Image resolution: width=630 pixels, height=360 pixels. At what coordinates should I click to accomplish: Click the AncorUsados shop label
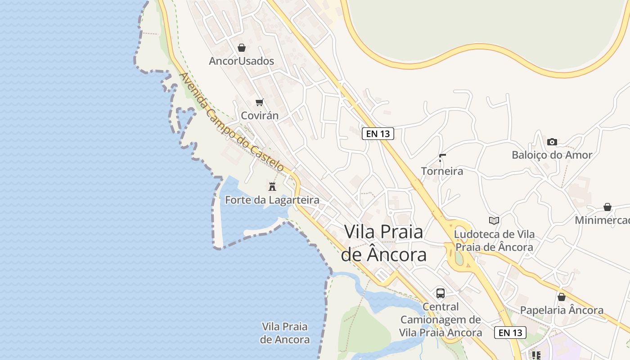click(x=241, y=61)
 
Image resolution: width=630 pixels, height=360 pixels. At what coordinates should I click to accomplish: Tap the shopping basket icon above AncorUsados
click(x=242, y=48)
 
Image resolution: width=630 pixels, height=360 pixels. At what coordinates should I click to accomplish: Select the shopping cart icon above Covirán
click(x=259, y=103)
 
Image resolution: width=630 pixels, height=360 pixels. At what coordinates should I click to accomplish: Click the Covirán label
click(x=260, y=116)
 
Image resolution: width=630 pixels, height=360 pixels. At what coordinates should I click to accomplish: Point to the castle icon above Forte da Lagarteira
click(x=272, y=186)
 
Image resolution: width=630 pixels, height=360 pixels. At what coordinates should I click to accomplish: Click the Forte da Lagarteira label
click(x=272, y=200)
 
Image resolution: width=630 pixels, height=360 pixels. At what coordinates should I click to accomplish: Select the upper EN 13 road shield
click(x=378, y=133)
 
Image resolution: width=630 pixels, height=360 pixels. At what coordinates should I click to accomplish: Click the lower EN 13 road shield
click(x=510, y=333)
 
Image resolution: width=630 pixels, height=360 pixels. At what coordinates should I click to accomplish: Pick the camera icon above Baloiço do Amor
click(x=552, y=142)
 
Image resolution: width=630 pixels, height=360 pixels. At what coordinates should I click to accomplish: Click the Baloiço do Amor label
click(x=552, y=155)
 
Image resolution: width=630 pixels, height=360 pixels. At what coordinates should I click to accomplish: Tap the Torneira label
click(x=442, y=171)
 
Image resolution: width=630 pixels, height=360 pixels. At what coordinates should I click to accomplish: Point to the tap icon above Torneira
click(x=442, y=157)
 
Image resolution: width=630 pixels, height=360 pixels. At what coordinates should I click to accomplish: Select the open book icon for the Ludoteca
click(x=494, y=220)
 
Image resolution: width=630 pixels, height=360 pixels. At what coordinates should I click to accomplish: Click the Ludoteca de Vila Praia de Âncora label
click(x=494, y=241)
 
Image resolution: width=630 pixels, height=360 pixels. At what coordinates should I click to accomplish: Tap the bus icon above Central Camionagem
click(x=441, y=293)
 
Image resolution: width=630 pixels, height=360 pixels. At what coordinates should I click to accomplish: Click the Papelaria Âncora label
click(x=562, y=310)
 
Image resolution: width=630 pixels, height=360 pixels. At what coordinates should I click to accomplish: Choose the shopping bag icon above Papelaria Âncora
click(x=562, y=297)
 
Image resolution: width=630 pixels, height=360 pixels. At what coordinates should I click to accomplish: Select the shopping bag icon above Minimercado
click(x=607, y=207)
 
